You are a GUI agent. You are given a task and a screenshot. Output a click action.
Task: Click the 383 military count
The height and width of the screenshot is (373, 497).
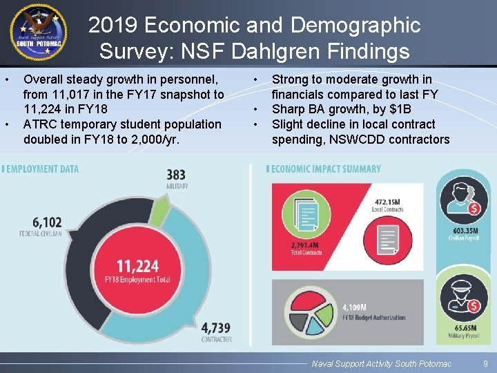(x=176, y=177)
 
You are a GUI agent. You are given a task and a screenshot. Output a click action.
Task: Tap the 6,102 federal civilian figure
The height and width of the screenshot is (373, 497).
(x=47, y=223)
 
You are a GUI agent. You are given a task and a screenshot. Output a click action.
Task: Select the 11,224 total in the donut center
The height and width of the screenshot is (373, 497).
(x=137, y=266)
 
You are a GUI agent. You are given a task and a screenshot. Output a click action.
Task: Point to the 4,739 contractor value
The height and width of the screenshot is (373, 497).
(x=216, y=328)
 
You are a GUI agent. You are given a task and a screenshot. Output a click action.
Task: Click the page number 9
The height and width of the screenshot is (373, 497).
(x=485, y=363)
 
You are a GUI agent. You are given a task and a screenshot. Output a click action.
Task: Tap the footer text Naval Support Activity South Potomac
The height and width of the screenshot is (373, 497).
(x=381, y=363)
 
